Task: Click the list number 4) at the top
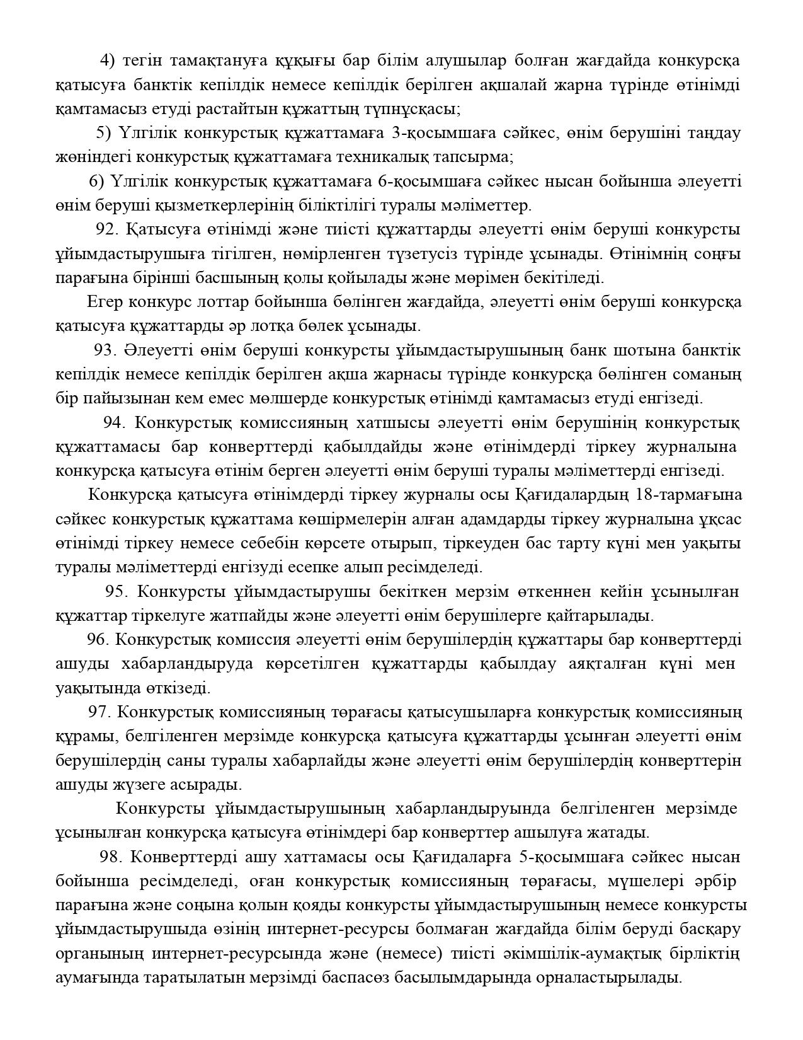click(107, 61)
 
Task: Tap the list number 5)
click(103, 133)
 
